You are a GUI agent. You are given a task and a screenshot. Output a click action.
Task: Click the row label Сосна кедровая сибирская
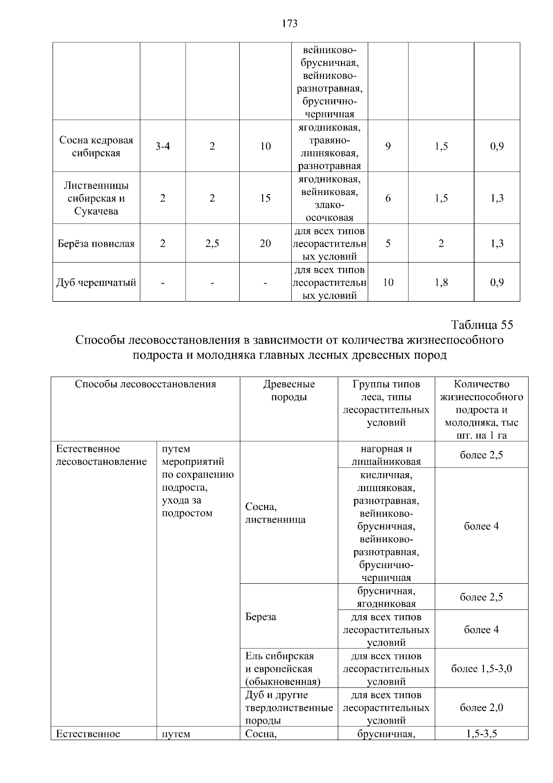tap(96, 147)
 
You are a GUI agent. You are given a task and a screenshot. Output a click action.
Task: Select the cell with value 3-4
tap(163, 147)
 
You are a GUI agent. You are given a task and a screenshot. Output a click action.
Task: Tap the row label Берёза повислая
tap(96, 243)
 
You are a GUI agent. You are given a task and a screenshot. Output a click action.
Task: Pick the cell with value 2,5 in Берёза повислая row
tap(212, 243)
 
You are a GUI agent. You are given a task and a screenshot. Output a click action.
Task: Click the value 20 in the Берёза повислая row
tap(265, 243)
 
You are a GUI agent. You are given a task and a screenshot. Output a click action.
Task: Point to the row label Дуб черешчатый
tap(96, 282)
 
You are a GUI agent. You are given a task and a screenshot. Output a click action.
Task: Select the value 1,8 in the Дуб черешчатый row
tap(441, 282)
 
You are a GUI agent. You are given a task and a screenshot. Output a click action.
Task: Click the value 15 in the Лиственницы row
tap(265, 198)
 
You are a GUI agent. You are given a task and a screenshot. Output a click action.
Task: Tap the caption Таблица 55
tap(482, 325)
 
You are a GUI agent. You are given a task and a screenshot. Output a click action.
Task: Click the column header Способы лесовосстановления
tap(145, 384)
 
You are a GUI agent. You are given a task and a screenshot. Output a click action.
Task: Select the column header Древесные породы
tap(289, 391)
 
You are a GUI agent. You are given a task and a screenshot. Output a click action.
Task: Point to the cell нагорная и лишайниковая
tap(386, 455)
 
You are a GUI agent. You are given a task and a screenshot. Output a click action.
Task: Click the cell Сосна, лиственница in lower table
tap(275, 513)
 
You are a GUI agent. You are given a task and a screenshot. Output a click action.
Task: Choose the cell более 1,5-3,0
tap(481, 669)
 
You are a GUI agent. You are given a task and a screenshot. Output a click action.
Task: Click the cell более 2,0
tap(481, 707)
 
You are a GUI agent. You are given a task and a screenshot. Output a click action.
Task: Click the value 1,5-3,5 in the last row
tap(481, 734)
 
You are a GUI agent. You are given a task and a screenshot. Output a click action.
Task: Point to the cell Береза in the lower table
tap(261, 617)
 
